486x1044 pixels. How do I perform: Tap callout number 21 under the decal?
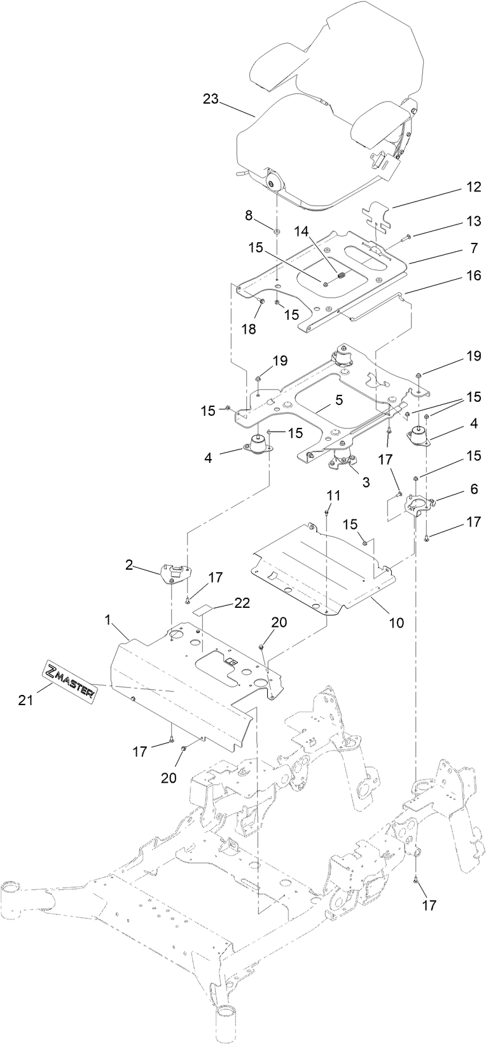tap(24, 700)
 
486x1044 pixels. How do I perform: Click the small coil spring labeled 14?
tap(340, 276)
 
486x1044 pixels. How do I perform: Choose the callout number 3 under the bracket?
tap(365, 482)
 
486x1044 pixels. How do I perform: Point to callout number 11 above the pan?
tap(334, 495)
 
